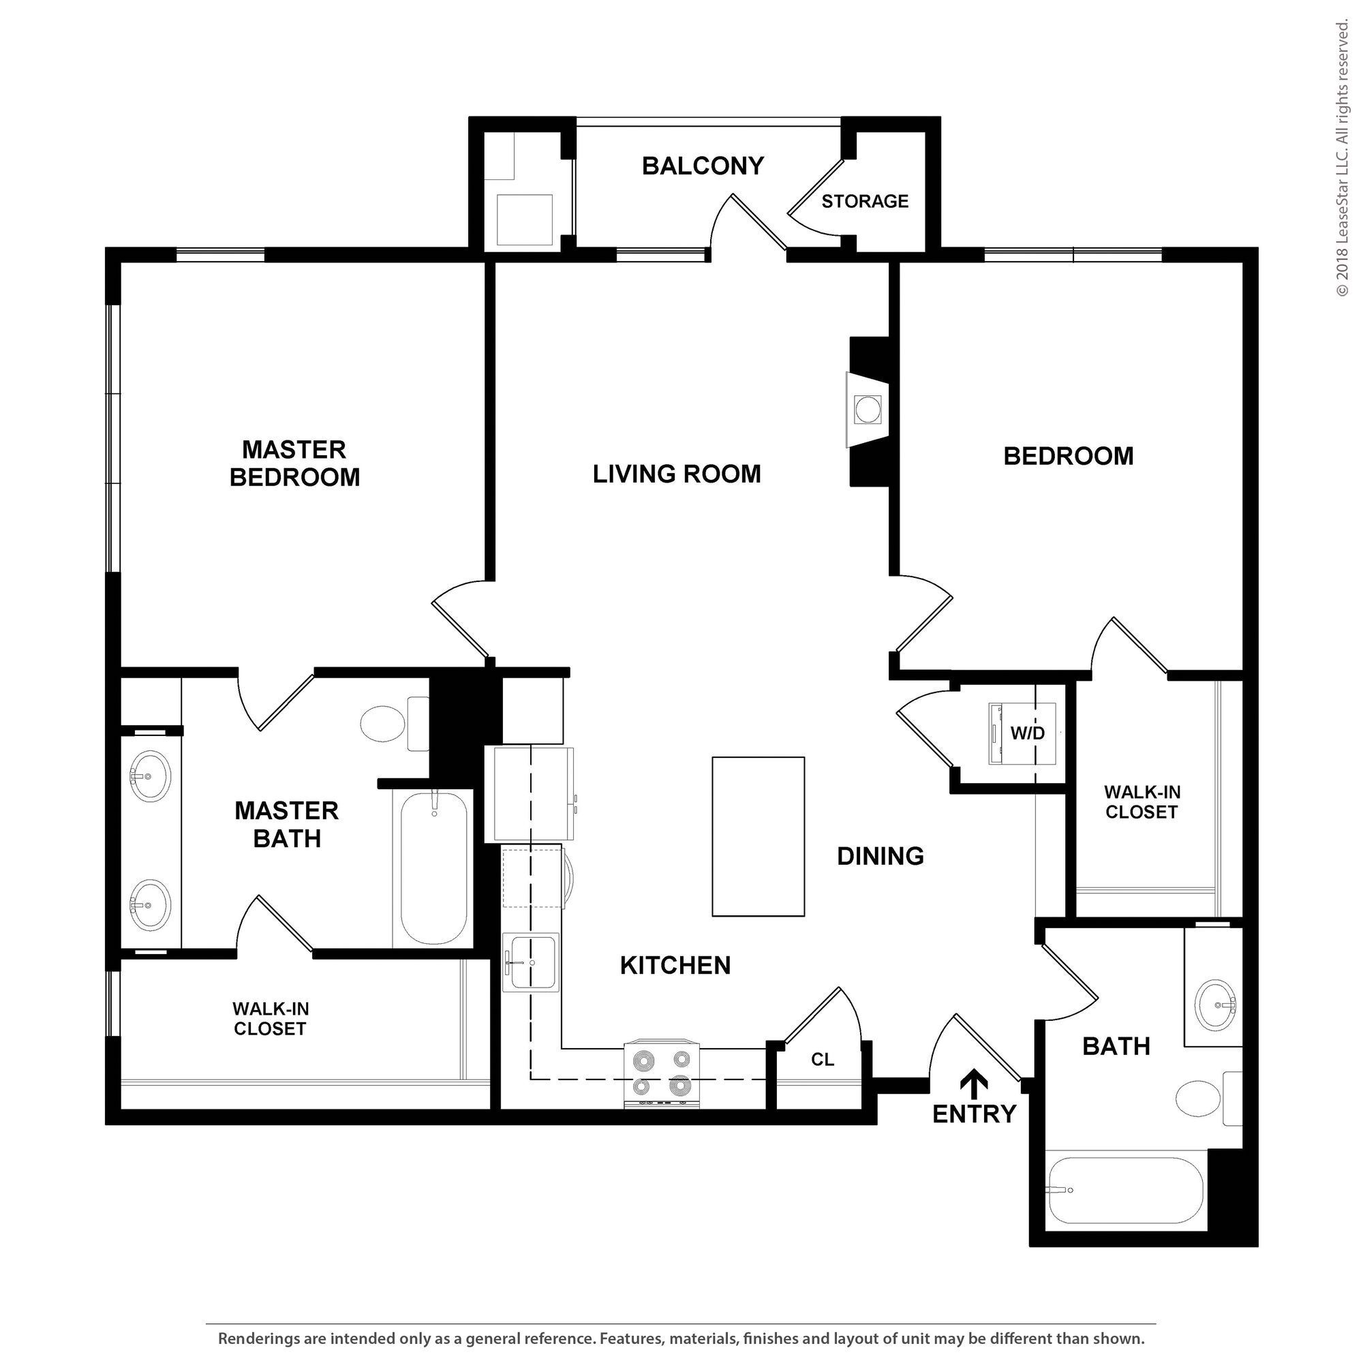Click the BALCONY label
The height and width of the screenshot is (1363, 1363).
tap(703, 166)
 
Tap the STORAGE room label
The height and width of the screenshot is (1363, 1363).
tap(865, 202)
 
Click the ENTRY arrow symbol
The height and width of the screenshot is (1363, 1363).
tap(976, 1083)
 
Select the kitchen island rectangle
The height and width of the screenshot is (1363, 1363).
tap(759, 837)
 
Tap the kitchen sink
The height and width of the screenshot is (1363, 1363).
tap(530, 962)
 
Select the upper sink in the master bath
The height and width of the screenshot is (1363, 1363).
tap(149, 776)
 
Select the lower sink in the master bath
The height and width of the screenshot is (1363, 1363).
tap(149, 905)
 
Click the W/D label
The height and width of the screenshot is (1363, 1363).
tap(1027, 734)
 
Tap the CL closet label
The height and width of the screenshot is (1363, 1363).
tap(823, 1060)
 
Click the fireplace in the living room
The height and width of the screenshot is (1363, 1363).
tap(868, 410)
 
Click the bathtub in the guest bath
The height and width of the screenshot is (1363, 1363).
tap(1126, 1191)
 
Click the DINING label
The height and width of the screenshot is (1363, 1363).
tap(880, 857)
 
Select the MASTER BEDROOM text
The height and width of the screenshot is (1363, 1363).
tap(294, 463)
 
